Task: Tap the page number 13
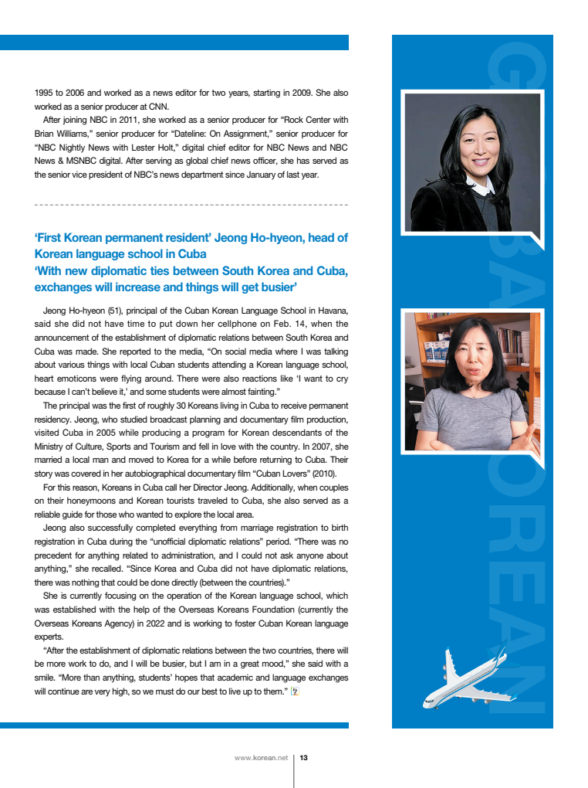tap(304, 758)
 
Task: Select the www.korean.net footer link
tap(260, 758)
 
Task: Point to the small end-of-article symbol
tap(294, 691)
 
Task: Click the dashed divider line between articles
tap(191, 205)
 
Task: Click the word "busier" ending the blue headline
tap(279, 287)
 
